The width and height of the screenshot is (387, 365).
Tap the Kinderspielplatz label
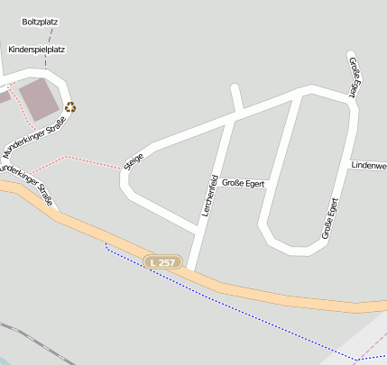point(36,50)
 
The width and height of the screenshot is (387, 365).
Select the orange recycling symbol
point(69,106)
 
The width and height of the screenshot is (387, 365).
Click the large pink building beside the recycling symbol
point(39,98)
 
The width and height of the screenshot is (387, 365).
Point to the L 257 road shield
point(163,261)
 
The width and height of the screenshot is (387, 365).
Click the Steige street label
point(134,160)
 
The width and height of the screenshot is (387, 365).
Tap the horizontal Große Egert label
point(243,183)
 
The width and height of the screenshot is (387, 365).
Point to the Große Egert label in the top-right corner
point(355,76)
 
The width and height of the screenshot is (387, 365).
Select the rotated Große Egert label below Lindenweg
point(329,217)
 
